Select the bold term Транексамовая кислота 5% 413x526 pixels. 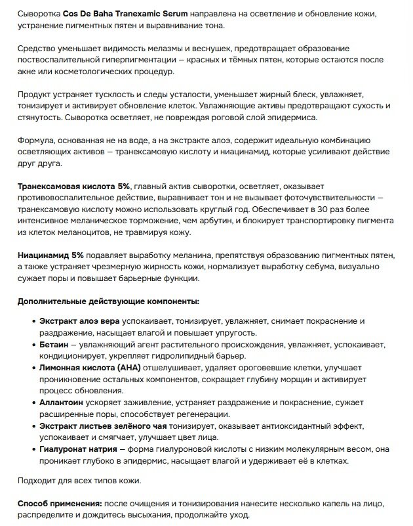(74, 187)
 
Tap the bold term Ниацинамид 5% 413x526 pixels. (50, 255)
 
